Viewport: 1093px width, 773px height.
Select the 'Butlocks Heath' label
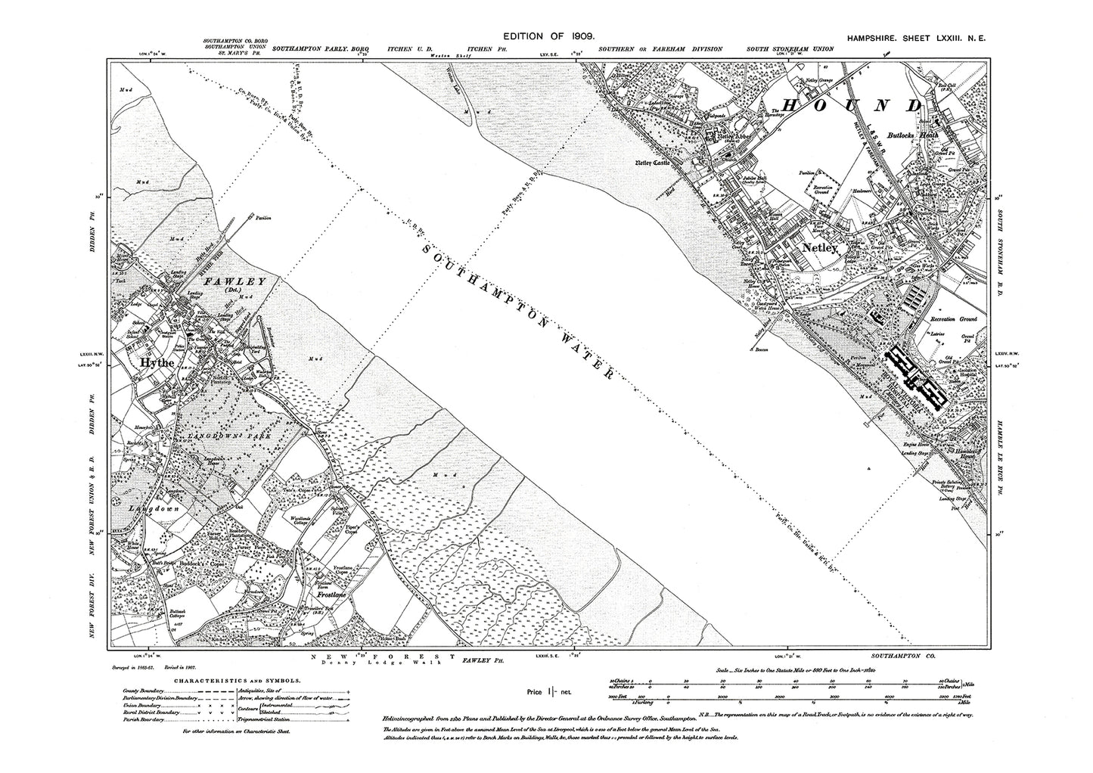click(x=913, y=134)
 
